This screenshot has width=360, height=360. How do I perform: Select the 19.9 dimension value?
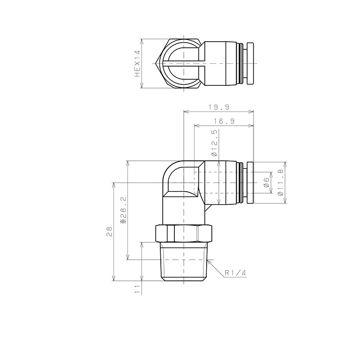point(218,107)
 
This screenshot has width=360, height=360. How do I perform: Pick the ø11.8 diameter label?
point(281,183)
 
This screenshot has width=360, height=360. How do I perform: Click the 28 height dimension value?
point(109,231)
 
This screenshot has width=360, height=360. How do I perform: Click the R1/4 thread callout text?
point(235,273)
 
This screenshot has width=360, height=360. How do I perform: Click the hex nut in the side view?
point(184,233)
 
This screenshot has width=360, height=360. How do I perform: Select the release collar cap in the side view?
point(249,183)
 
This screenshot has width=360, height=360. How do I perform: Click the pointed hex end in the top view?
point(160,63)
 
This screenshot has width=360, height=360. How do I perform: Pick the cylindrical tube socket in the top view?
point(222,63)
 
